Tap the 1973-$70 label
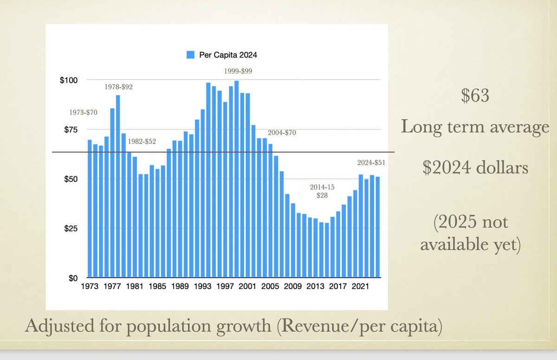pyautogui.click(x=84, y=113)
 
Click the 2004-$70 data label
pyautogui.click(x=281, y=132)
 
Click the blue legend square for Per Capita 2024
pyautogui.click(x=190, y=55)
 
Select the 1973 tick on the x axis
pyautogui.click(x=90, y=287)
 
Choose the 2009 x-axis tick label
pyautogui.click(x=293, y=287)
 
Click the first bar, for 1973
pyautogui.click(x=90, y=209)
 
